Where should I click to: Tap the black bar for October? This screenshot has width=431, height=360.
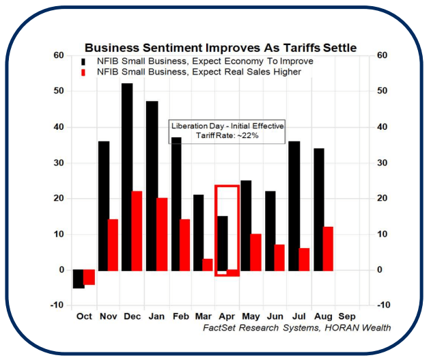(x=79, y=279)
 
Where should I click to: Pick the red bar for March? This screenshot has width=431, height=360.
(x=208, y=264)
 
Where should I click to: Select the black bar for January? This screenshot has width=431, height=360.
(x=152, y=185)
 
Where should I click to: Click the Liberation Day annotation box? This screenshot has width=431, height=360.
(x=227, y=131)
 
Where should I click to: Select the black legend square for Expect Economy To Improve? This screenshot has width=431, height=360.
(x=83, y=61)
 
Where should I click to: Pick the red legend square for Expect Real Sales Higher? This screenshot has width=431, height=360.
(x=83, y=72)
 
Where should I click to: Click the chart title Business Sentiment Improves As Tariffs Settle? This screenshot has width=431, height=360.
(x=220, y=48)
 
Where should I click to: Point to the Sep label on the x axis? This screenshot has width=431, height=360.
(x=347, y=316)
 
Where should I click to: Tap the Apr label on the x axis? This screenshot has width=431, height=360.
(x=226, y=316)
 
